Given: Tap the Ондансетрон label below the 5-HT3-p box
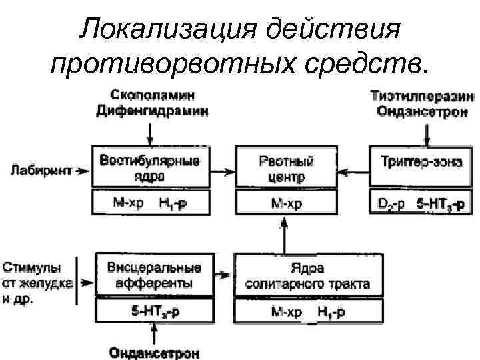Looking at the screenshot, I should [154, 351].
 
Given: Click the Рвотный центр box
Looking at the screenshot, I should [285, 169].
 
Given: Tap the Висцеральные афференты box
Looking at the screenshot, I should [154, 275].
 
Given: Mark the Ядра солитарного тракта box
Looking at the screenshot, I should [307, 275].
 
